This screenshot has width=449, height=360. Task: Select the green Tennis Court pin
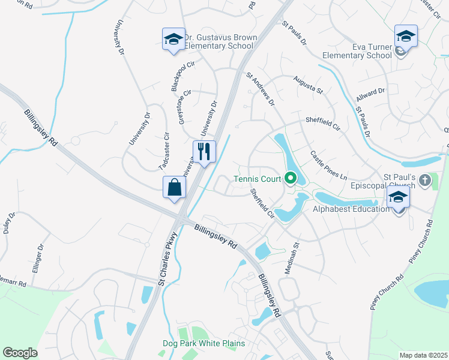(x=291, y=178)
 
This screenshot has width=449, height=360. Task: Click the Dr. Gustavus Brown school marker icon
(x=173, y=39)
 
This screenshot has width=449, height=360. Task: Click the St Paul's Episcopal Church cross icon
(x=424, y=180)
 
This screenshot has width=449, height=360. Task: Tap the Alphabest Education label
(x=351, y=209)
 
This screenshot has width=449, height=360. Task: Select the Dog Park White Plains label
(x=204, y=343)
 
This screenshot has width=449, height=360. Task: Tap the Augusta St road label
(x=308, y=86)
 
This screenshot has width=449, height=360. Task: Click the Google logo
(x=20, y=353)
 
